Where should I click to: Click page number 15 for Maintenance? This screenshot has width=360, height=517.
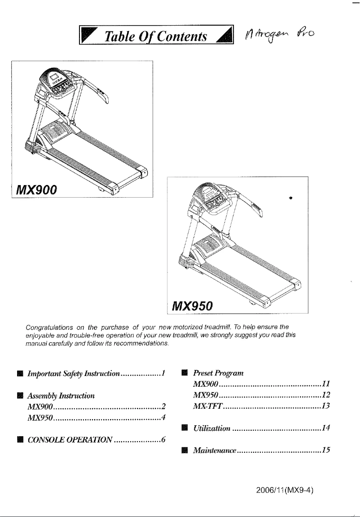pyautogui.click(x=326, y=450)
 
